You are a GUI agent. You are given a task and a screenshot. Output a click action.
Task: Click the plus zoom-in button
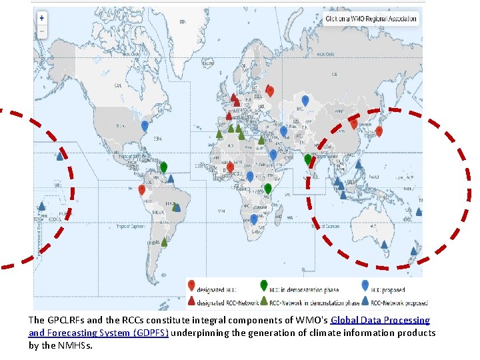pos(42,18)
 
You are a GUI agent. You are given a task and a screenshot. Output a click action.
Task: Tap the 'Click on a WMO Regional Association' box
pos(371,19)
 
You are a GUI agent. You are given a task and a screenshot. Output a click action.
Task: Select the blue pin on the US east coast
pos(145,125)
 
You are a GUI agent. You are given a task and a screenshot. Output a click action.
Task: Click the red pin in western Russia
pos(269,91)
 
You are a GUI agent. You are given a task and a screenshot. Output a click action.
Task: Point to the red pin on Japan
pos(379,131)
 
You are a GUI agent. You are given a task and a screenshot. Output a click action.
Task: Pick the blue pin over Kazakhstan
pos(305,100)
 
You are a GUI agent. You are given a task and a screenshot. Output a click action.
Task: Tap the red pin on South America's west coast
pos(142,189)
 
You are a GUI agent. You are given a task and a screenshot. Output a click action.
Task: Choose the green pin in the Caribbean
pos(163,167)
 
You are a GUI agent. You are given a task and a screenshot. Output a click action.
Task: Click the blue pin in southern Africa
pos(254,219)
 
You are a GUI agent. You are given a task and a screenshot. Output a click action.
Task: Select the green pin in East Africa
pos(268,189)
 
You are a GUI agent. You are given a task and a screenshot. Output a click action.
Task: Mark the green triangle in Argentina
pos(164,241)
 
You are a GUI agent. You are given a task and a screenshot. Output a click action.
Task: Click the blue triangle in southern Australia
pos(384,244)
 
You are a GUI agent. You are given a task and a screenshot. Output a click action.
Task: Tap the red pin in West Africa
pos(230,167)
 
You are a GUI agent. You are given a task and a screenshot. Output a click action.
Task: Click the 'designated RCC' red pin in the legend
pos(191,285)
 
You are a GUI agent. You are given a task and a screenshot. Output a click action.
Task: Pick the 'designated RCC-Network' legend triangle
pos(191,301)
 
